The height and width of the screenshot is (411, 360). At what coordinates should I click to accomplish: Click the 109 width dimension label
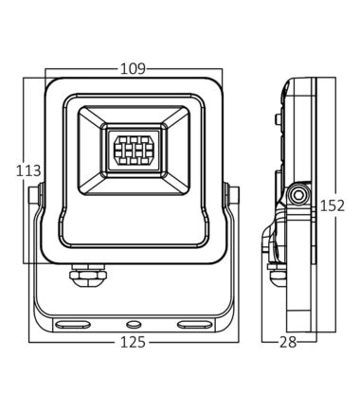click(133, 69)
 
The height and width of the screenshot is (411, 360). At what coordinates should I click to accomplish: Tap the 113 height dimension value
click(28, 170)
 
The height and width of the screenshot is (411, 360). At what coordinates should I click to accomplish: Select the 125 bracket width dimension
click(133, 342)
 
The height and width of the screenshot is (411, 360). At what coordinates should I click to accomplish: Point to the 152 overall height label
click(333, 205)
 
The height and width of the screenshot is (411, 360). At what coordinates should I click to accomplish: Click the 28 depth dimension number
click(288, 342)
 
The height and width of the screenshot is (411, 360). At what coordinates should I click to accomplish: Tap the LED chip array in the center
click(134, 151)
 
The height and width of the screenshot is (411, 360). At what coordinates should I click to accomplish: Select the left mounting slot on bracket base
click(72, 324)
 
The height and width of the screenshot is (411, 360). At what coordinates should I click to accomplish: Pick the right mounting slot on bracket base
click(194, 324)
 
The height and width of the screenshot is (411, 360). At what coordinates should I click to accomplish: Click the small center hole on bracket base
click(134, 324)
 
